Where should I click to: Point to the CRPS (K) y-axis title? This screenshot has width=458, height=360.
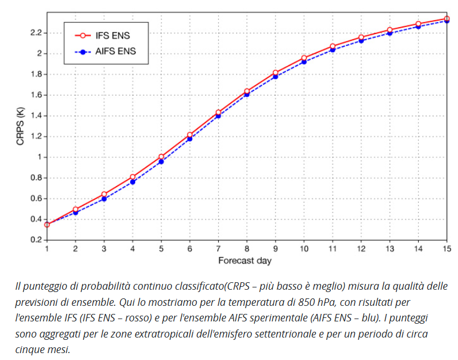21,126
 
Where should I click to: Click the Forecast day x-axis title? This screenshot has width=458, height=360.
245,260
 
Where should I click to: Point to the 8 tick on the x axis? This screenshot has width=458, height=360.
247,248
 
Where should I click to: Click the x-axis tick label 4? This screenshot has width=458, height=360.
132,248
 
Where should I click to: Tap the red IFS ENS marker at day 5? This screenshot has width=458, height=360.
161,157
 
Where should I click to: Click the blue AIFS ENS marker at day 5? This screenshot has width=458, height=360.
161,162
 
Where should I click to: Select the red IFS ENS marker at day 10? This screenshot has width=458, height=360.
304,58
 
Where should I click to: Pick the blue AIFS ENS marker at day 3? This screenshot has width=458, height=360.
104,199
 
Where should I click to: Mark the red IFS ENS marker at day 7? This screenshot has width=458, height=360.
218,112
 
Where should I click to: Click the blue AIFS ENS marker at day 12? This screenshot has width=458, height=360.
361,41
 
